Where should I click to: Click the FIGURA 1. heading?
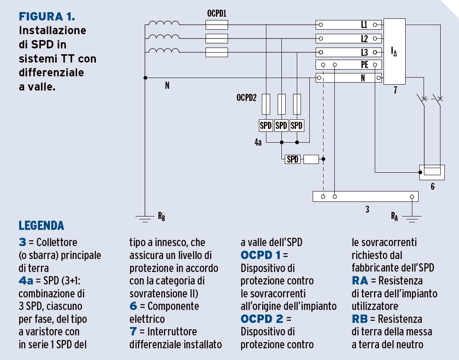pos(47,17)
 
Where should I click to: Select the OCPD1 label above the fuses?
pos(216,13)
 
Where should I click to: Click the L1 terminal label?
pos(364,25)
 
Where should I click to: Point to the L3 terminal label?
pos(364,53)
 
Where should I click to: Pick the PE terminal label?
pos(364,65)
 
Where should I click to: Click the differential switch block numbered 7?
pos(394,51)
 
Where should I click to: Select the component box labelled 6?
pos(432,172)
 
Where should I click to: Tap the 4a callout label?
pos(258,142)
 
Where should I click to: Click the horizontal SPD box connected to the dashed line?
pos(293,159)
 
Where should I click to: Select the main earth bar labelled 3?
pos(365,196)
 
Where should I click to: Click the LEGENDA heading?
pos(41,226)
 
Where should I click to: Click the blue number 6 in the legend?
pos(133,306)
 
